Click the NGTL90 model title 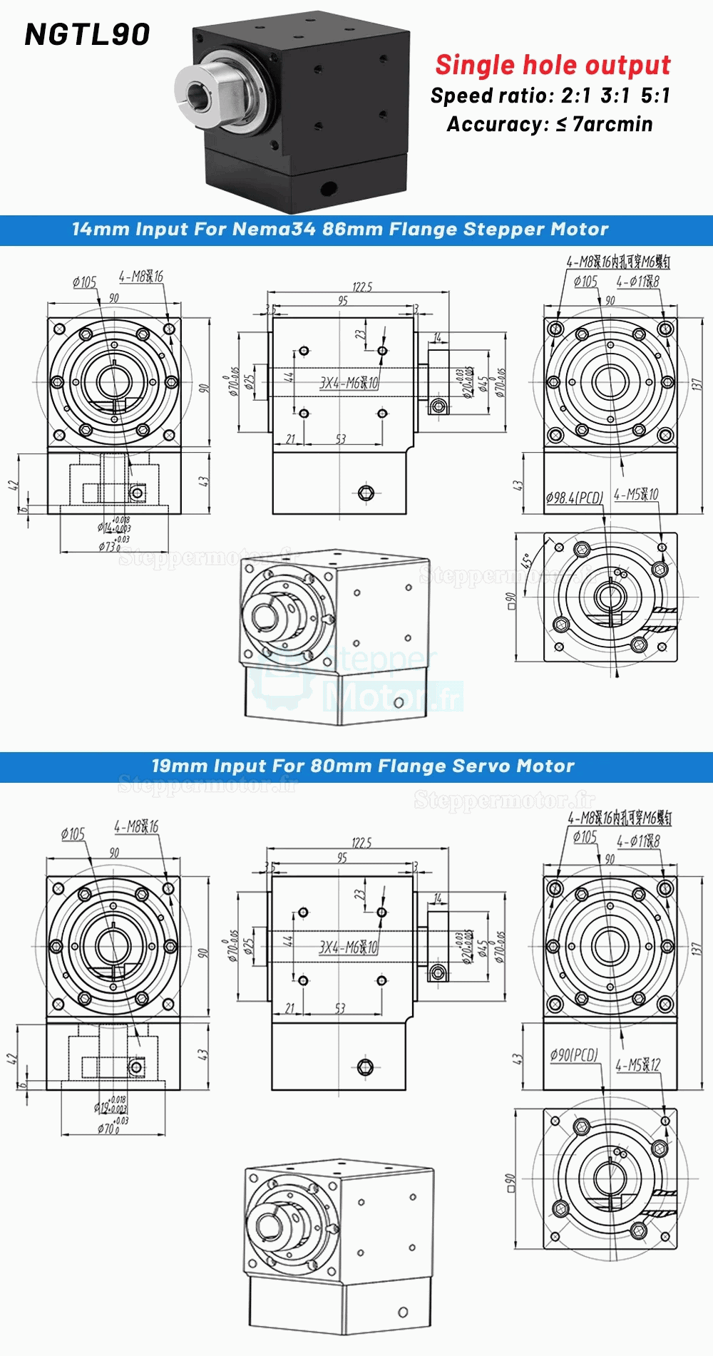[x=87, y=34]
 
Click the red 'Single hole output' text [x=553, y=65]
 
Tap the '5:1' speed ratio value [x=655, y=96]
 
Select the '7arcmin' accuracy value [x=612, y=125]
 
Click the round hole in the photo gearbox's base [x=328, y=188]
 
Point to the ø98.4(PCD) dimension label [x=574, y=498]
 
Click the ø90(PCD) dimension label [x=574, y=1054]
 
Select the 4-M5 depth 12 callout [x=638, y=1065]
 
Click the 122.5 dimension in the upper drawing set [x=361, y=287]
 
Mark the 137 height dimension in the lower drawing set [x=697, y=949]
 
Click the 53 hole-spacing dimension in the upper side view [x=340, y=439]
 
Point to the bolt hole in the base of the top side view [x=366, y=493]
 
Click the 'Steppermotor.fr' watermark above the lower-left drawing [x=207, y=786]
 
